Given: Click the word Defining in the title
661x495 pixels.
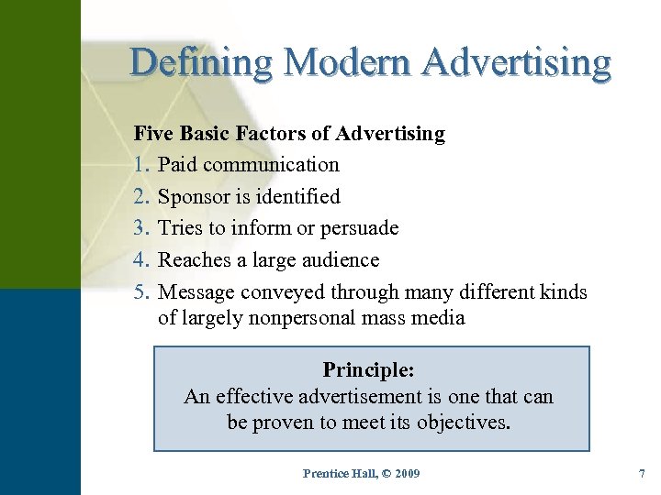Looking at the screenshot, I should (x=201, y=62).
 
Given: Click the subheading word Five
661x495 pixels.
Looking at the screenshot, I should (x=153, y=134).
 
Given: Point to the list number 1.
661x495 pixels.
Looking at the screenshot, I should (x=140, y=165).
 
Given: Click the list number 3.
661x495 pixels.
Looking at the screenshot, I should (x=140, y=228).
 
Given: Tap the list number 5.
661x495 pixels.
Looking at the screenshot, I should (x=140, y=292).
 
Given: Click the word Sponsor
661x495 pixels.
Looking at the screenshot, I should (x=196, y=197).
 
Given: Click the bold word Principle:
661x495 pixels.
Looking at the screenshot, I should (x=369, y=370).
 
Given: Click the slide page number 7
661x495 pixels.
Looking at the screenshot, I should (x=641, y=474).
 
